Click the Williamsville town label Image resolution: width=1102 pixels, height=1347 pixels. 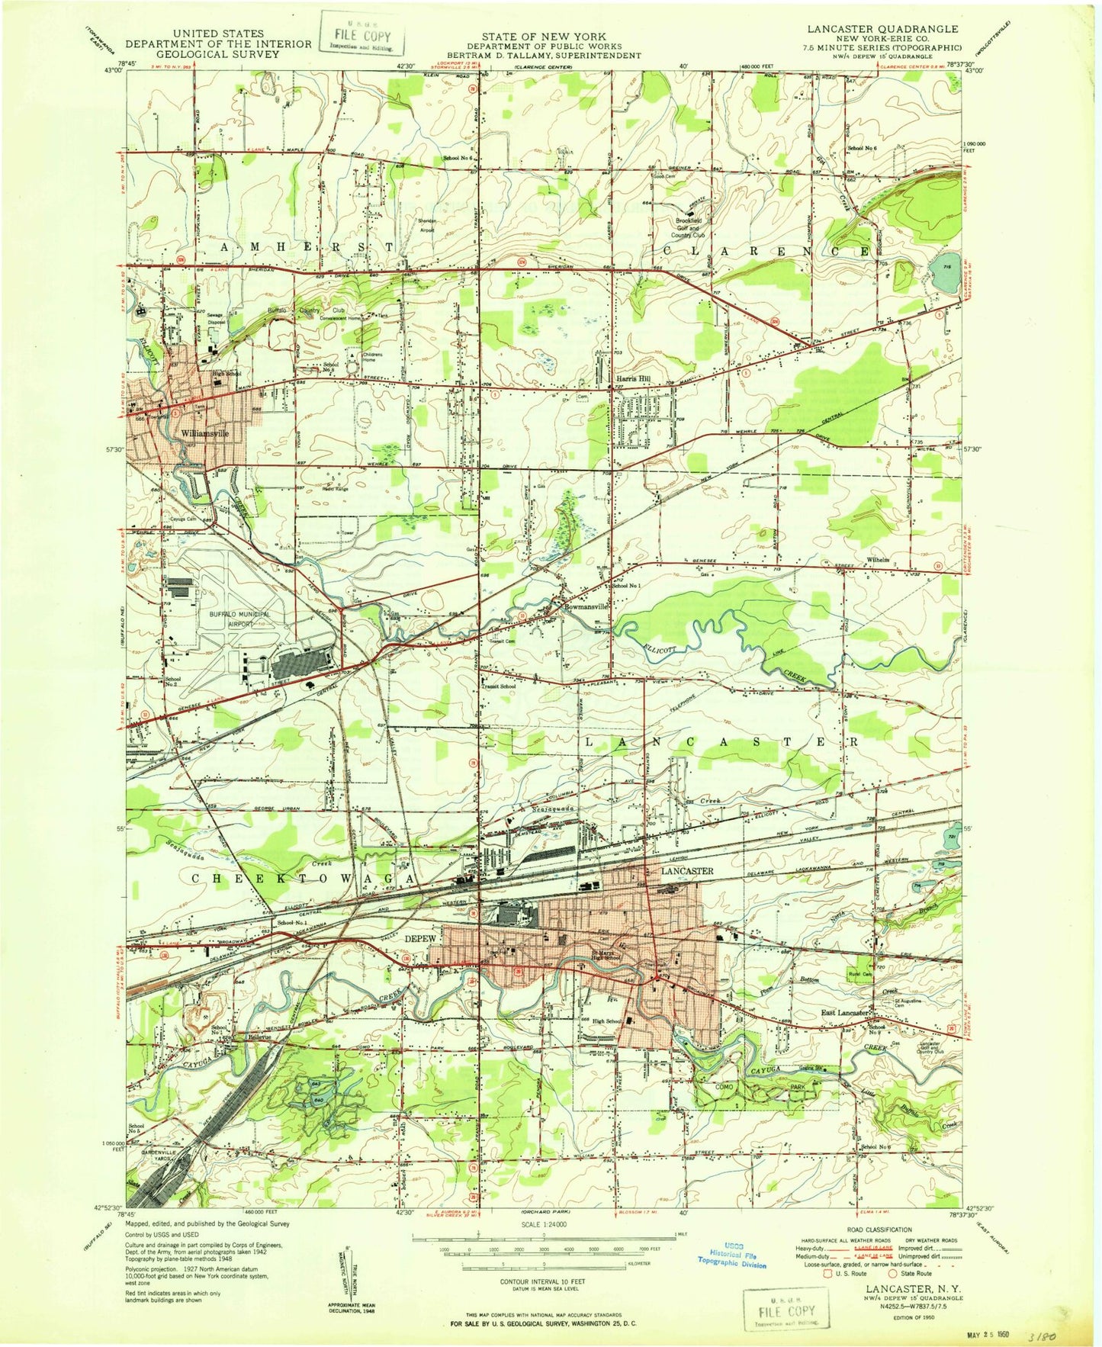point(204,432)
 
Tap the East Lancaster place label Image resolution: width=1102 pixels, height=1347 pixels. point(844,1012)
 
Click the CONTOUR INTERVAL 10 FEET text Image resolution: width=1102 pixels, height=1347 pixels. point(544,1284)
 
